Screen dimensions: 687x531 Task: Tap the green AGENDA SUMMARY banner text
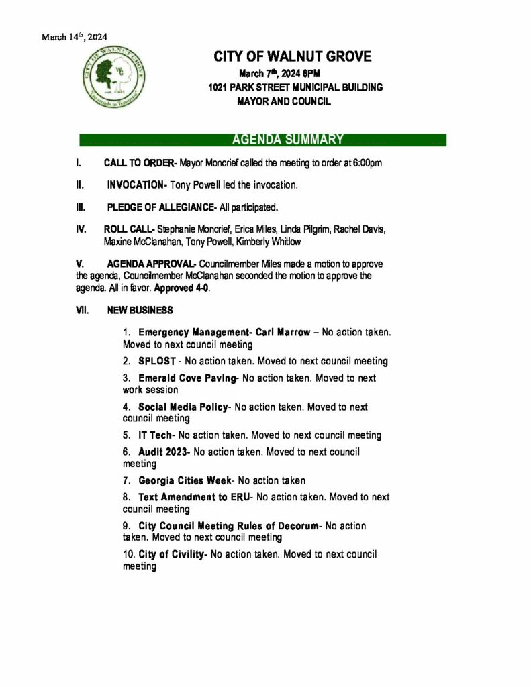[287, 140]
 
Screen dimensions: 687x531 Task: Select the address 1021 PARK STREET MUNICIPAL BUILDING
[295, 87]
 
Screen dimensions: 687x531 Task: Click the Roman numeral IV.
[80, 229]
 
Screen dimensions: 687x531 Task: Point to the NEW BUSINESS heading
[140, 311]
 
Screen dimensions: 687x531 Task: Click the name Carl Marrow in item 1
[283, 332]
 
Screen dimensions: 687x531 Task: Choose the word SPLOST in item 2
[156, 361]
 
